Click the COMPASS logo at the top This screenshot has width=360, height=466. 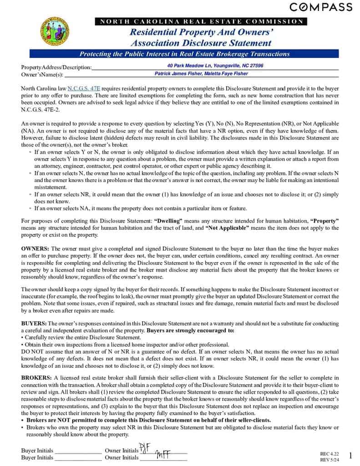(x=321, y=7)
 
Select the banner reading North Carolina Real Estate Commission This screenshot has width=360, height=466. (x=201, y=21)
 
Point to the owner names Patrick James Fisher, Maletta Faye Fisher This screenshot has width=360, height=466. (x=201, y=73)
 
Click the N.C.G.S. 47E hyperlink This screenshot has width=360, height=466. (x=84, y=88)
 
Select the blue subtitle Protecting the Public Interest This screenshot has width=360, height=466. (x=184, y=54)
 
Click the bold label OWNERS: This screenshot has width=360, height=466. (x=35, y=248)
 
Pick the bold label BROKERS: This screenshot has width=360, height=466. (x=36, y=378)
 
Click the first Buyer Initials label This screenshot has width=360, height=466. (x=37, y=451)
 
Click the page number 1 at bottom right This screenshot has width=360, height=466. (x=350, y=456)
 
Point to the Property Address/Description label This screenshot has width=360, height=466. (x=56, y=67)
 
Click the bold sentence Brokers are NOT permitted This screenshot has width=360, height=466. (x=148, y=420)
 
